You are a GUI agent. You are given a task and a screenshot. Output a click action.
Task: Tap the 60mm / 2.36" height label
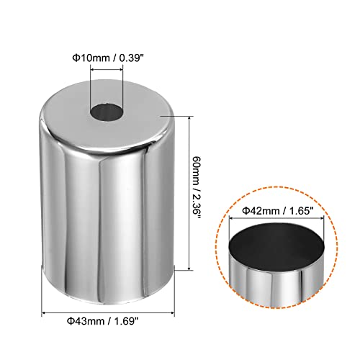tap(196, 188)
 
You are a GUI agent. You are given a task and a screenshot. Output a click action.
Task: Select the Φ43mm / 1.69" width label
tap(103, 320)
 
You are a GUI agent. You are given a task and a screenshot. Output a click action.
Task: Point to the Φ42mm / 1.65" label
tap(278, 211)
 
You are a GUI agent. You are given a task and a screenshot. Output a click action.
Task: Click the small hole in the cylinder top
tap(106, 113)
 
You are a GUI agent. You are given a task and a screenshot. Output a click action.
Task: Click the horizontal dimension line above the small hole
tap(107, 70)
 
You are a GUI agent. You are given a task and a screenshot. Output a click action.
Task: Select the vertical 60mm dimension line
tap(189, 193)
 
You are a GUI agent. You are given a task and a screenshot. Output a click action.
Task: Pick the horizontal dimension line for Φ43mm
tap(108, 312)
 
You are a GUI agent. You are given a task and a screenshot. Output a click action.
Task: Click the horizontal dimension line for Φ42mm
tap(276, 218)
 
